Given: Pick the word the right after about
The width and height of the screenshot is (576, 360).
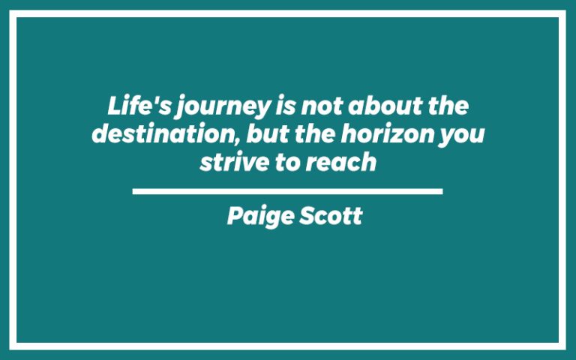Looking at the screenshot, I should pos(448,107).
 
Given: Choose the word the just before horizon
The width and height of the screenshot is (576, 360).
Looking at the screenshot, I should pos(288,135).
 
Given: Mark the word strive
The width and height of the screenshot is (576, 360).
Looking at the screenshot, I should pos(228,163).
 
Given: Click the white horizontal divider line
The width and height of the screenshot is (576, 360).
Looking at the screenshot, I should pos(287,192).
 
